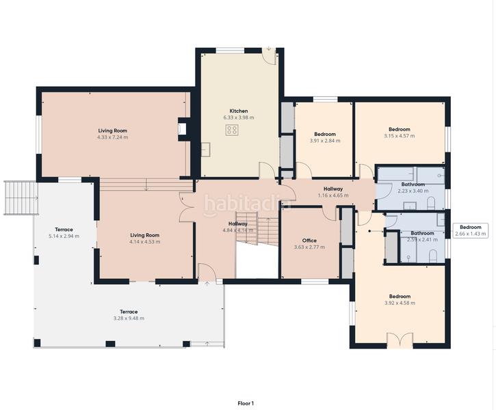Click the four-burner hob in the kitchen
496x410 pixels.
pyautogui.click(x=233, y=130)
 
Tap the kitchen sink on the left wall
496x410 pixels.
pyautogui.click(x=205, y=147)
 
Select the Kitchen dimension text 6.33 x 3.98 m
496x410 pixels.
pyautogui.click(x=238, y=118)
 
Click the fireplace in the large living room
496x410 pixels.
pyautogui.click(x=182, y=128)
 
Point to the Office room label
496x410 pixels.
pyautogui.click(x=309, y=240)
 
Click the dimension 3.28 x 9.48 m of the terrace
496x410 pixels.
pyautogui.click(x=129, y=318)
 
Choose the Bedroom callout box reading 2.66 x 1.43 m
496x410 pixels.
pyautogui.click(x=470, y=230)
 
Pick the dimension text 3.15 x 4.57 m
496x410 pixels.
pyautogui.click(x=400, y=136)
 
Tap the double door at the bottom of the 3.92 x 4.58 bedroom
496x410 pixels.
pyautogui.click(x=400, y=340)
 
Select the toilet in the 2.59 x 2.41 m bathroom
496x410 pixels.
pyautogui.click(x=433, y=255)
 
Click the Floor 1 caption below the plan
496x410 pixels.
pyautogui.click(x=246, y=403)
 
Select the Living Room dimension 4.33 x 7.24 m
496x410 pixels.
pyautogui.click(x=112, y=137)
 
